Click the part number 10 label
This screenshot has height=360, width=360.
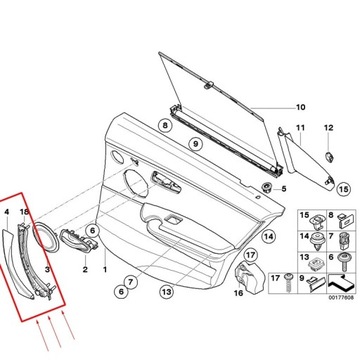pos(296,106)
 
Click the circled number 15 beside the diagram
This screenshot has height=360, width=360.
pos(345,187)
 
